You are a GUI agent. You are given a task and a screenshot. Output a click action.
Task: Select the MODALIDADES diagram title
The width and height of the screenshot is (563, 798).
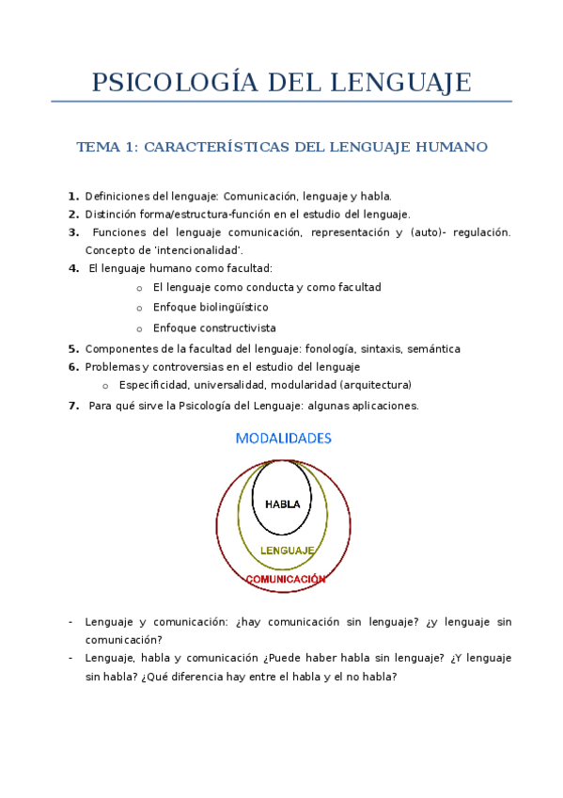(x=283, y=439)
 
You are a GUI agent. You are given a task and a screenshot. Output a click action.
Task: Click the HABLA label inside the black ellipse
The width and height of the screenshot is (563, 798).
(x=283, y=503)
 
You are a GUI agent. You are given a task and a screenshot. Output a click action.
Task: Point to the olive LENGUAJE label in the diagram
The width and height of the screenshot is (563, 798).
(x=287, y=550)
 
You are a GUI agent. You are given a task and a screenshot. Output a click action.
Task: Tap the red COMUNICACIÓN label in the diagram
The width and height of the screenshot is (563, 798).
(x=286, y=579)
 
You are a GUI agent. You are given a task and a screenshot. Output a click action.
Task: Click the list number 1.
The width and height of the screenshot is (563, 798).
(x=73, y=197)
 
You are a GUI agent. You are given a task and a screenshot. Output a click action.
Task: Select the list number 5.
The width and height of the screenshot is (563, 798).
(x=73, y=349)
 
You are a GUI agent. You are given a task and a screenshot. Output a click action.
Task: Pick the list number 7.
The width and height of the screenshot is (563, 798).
(x=73, y=407)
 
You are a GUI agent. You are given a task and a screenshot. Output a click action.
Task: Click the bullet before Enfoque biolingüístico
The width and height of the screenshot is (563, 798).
(x=139, y=309)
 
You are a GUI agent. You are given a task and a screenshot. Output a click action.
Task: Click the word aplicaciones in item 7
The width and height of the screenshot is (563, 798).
(x=384, y=407)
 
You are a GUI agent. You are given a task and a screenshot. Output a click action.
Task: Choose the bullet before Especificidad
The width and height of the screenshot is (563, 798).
(x=105, y=386)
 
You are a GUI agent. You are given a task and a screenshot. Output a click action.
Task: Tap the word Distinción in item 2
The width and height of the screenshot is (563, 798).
(x=110, y=215)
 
